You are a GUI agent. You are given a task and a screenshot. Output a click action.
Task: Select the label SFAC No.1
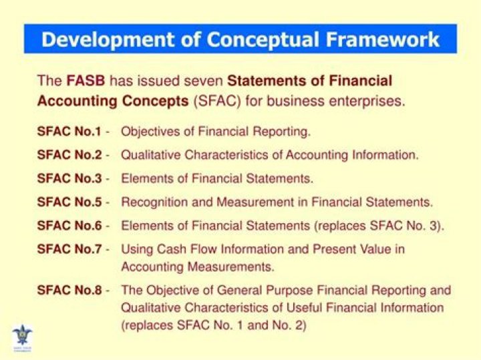click(x=69, y=132)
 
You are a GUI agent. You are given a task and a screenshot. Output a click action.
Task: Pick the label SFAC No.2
click(x=69, y=155)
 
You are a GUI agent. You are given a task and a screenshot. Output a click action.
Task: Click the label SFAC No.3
click(x=69, y=178)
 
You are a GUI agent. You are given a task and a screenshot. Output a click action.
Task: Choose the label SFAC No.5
click(x=69, y=202)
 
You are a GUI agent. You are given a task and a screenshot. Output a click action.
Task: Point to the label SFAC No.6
click(x=69, y=225)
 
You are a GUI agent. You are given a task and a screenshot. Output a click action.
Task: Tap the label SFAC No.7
click(x=69, y=249)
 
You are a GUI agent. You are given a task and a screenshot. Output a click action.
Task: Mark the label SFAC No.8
click(x=69, y=291)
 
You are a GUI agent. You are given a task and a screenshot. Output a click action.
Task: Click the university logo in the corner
click(x=22, y=335)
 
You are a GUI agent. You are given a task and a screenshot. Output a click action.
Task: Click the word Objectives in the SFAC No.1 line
click(x=148, y=132)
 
